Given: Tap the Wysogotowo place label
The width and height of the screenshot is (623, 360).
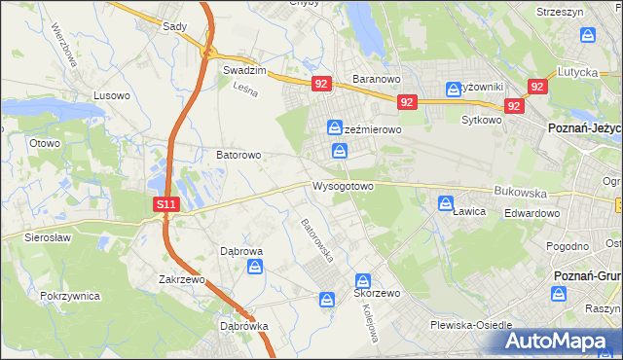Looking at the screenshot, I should click(343, 186).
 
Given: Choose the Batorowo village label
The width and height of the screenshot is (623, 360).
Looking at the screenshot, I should click(238, 155).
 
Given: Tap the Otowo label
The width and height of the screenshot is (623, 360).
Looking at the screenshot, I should click(45, 143).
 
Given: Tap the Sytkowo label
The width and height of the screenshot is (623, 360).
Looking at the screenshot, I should click(480, 121).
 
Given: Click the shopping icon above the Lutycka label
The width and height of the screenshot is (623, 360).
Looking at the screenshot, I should click(587, 35).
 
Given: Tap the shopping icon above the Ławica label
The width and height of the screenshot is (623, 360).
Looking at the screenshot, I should click(446, 204).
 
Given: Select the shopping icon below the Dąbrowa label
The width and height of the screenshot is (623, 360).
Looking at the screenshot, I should click(255, 267).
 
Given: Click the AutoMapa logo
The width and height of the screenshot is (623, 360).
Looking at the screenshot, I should click(557, 341).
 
